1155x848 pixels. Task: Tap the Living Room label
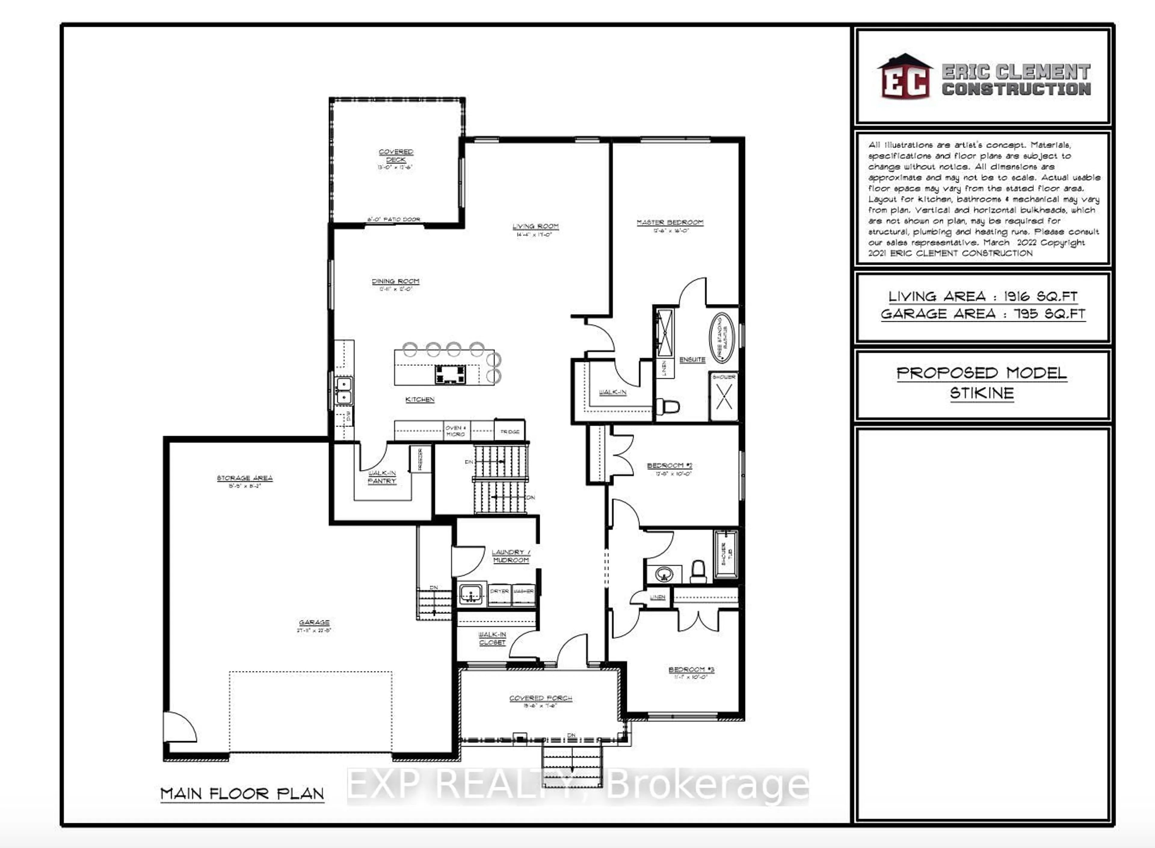(x=535, y=226)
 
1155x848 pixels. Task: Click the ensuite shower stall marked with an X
(x=724, y=396)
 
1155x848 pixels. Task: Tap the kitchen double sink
(x=343, y=391)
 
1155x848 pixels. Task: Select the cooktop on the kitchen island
(x=450, y=374)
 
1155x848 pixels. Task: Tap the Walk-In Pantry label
(x=382, y=477)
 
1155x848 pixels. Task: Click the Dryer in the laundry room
(x=499, y=591)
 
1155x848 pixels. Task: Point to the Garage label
(x=314, y=622)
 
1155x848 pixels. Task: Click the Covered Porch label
(x=541, y=698)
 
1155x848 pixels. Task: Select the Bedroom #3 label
(x=691, y=669)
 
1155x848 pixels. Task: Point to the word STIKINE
(x=981, y=394)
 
